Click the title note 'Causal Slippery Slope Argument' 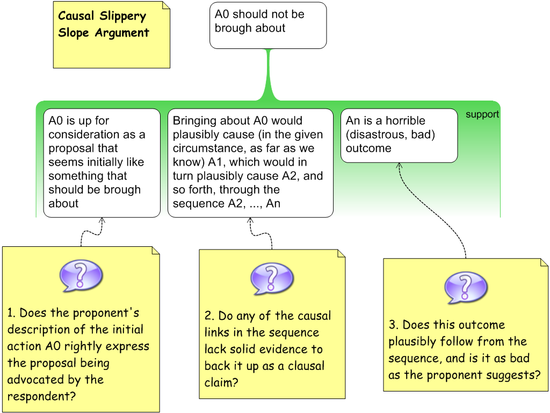[111, 34]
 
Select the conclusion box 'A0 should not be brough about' [267, 25]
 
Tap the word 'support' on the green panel [482, 115]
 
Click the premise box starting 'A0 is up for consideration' [102, 162]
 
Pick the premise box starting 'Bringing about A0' [250, 162]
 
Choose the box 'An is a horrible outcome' [399, 135]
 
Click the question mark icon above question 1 [81, 275]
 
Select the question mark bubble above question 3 [466, 287]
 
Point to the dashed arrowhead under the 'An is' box [399, 166]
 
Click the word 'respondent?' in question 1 [41, 397]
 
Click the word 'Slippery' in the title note [124, 16]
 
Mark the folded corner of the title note [166, 5]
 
